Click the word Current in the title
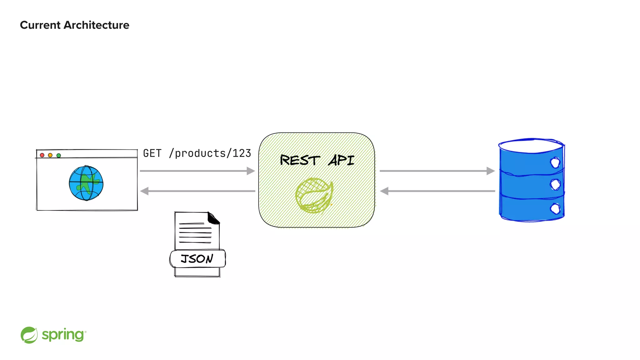pyautogui.click(x=40, y=25)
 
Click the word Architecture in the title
pyautogui.click(x=96, y=25)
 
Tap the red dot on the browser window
pyautogui.click(x=42, y=155)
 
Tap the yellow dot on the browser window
pyautogui.click(x=50, y=155)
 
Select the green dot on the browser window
pyautogui.click(x=59, y=155)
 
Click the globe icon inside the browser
pyautogui.click(x=86, y=183)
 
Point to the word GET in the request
pyautogui.click(x=152, y=153)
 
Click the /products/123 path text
pyautogui.click(x=210, y=153)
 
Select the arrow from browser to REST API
pyautogui.click(x=197, y=171)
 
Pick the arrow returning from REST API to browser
pyautogui.click(x=197, y=191)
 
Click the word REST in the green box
pyautogui.click(x=300, y=160)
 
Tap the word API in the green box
pyautogui.click(x=341, y=160)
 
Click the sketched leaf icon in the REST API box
pyautogui.click(x=314, y=195)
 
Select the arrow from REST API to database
pyautogui.click(x=437, y=171)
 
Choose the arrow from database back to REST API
pyautogui.click(x=437, y=191)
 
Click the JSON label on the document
pyautogui.click(x=197, y=259)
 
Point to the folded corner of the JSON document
pyautogui.click(x=214, y=218)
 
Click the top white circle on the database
pyautogui.click(x=555, y=162)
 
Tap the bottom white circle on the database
pyautogui.click(x=555, y=208)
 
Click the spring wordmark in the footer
pyautogui.click(x=63, y=335)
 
